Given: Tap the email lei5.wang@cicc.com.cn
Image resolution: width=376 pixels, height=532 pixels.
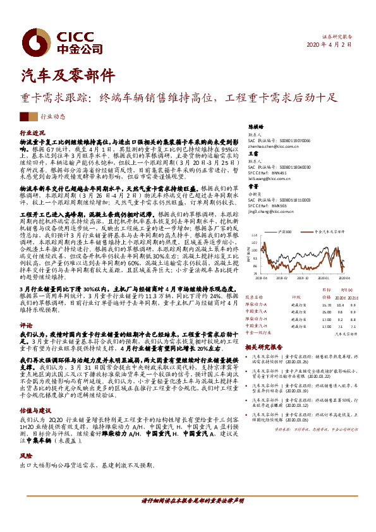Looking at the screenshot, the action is tap(264, 178).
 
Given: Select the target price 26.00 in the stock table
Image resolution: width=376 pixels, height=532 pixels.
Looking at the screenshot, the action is tap(326, 311).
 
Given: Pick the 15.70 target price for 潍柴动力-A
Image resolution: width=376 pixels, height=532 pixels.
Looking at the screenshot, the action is tap(326, 304).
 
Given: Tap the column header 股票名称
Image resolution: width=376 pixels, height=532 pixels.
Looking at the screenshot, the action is tap(254, 296).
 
